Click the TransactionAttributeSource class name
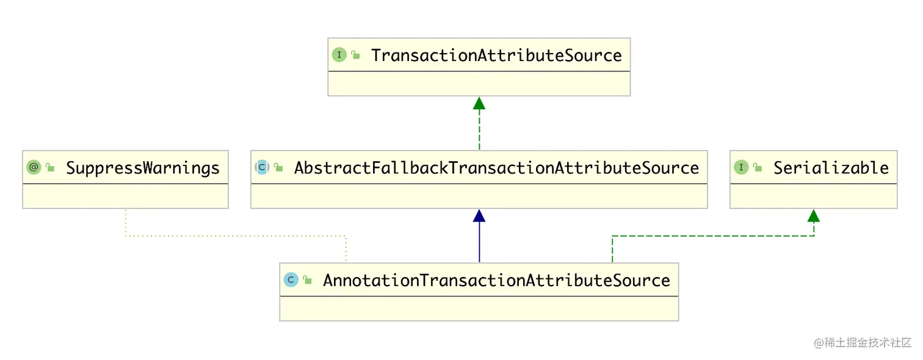pyautogui.click(x=496, y=56)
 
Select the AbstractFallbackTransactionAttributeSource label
pyautogui.click(x=496, y=168)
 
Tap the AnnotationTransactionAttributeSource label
pyautogui.click(x=496, y=281)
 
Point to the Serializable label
pyautogui.click(x=831, y=168)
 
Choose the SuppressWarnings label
pyautogui.click(x=142, y=168)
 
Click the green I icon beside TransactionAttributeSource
pyautogui.click(x=339, y=55)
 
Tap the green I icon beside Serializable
pyautogui.click(x=741, y=167)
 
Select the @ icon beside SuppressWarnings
pyautogui.click(x=34, y=167)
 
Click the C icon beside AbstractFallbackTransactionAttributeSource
pyautogui.click(x=262, y=167)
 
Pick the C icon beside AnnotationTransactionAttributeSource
pyautogui.click(x=291, y=280)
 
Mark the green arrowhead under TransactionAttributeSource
pyautogui.click(x=479, y=103)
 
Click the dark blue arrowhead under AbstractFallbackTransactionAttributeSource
pyautogui.click(x=479, y=216)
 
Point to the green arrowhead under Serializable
pyautogui.click(x=814, y=215)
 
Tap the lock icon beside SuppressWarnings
pyautogui.click(x=51, y=168)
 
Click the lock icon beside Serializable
pyautogui.click(x=758, y=168)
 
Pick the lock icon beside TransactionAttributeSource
pyautogui.click(x=356, y=56)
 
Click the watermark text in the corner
pyautogui.click(x=863, y=342)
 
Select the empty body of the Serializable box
pyautogui.click(x=813, y=196)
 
